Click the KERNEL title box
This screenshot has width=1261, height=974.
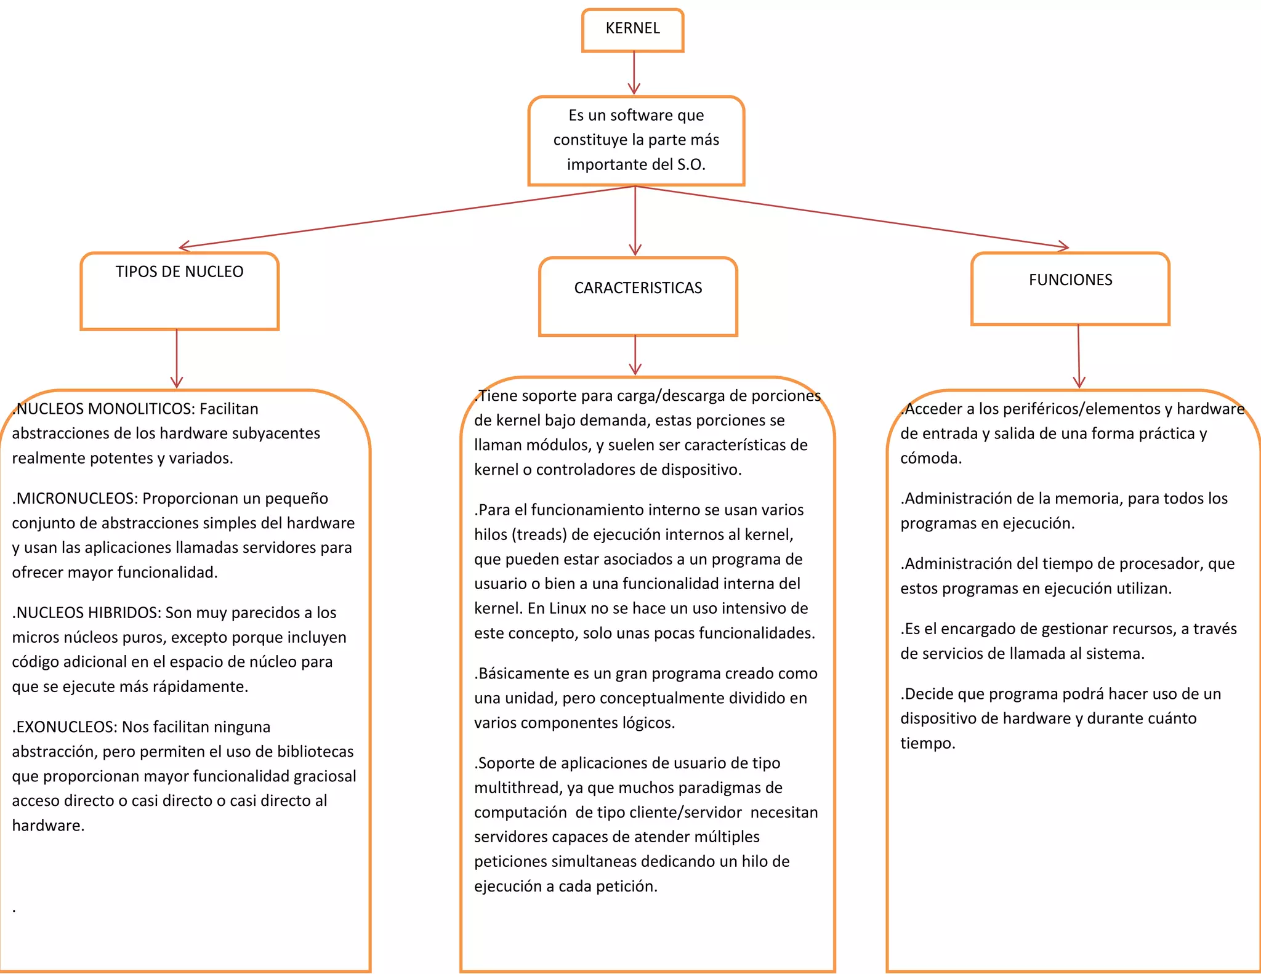click(632, 29)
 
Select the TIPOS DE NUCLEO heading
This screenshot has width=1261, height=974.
click(179, 272)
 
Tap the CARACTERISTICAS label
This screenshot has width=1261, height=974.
click(638, 288)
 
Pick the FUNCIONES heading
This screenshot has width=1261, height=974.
click(1070, 280)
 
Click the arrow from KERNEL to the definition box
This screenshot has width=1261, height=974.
click(634, 73)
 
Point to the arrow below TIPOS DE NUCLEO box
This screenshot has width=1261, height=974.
click(177, 359)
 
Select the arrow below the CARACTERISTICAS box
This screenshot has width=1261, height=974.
click(635, 355)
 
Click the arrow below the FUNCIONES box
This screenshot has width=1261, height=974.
click(1079, 356)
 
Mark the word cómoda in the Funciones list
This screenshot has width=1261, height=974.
click(930, 458)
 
